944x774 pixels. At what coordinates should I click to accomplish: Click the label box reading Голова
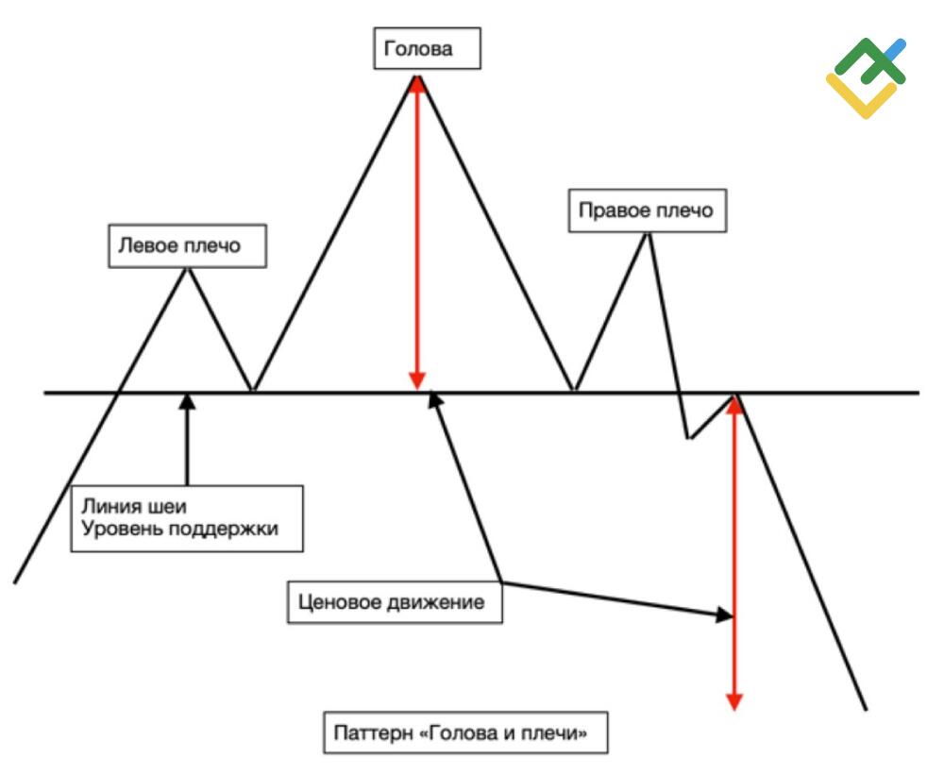click(x=427, y=48)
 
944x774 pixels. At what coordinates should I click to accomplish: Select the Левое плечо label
click(x=187, y=245)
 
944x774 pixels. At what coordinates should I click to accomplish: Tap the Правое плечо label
click(x=648, y=210)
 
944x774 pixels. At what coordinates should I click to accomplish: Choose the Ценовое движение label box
click(x=395, y=602)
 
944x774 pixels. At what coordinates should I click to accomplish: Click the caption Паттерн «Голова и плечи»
click(x=465, y=732)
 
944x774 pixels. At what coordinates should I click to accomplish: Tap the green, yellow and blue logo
click(x=866, y=77)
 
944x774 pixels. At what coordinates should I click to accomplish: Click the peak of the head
click(x=417, y=76)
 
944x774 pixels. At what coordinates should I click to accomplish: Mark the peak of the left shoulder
click(x=188, y=268)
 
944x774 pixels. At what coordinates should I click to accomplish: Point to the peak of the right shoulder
click(x=648, y=233)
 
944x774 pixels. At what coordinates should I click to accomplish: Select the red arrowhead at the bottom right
click(x=733, y=701)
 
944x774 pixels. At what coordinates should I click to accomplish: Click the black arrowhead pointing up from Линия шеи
click(x=188, y=401)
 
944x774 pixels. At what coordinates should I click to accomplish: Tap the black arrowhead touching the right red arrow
click(x=724, y=614)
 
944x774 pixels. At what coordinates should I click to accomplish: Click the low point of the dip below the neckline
click(x=689, y=438)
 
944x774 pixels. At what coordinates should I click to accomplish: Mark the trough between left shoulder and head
click(x=253, y=391)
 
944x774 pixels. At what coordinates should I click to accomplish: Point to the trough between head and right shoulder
click(x=575, y=391)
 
